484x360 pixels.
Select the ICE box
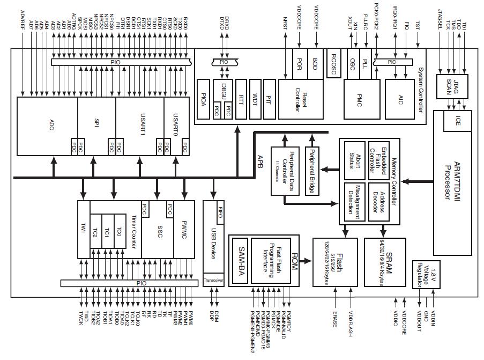click(x=457, y=121)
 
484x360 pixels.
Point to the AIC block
click(x=400, y=99)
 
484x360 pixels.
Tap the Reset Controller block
click(x=301, y=100)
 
